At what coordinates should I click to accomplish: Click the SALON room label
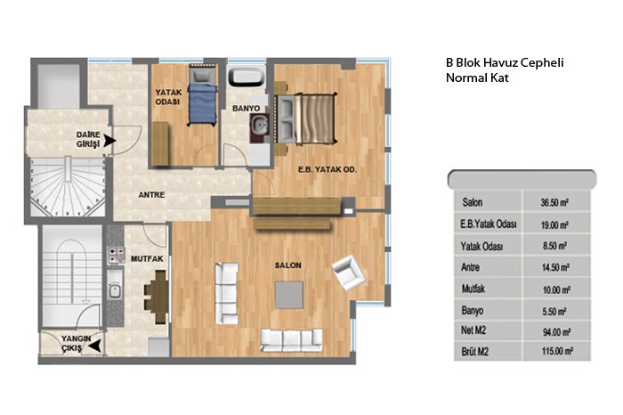(x=288, y=265)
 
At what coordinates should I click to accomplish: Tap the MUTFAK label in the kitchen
(x=147, y=259)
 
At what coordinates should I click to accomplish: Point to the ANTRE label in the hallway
(x=151, y=195)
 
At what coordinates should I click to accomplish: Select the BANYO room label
(x=246, y=108)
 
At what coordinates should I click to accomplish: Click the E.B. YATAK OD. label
(x=328, y=169)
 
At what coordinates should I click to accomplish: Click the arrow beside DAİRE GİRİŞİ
(x=110, y=141)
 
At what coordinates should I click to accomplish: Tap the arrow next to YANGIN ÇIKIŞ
(x=94, y=346)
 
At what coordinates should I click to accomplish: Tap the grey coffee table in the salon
(x=289, y=295)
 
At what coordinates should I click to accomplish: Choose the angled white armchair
(x=349, y=273)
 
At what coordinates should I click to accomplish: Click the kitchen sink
(x=115, y=290)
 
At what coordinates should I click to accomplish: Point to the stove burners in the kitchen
(x=116, y=255)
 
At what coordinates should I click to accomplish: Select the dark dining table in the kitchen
(x=160, y=296)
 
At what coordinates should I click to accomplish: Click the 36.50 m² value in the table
(x=554, y=203)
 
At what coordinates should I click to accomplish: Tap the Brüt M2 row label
(x=474, y=352)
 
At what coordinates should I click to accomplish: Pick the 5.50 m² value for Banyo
(x=554, y=312)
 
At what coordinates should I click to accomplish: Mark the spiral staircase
(x=68, y=187)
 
